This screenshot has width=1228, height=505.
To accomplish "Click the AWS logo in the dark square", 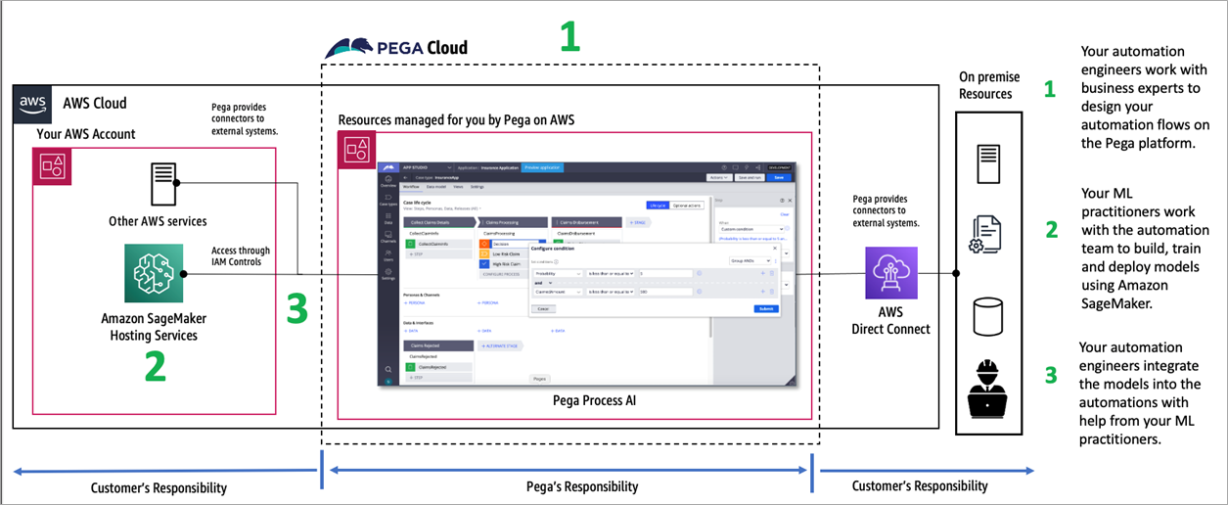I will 32,103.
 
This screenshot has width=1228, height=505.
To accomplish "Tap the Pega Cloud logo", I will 396,47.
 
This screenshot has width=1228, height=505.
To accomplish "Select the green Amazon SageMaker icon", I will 154,274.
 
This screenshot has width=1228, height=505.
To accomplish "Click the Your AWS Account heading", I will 85,134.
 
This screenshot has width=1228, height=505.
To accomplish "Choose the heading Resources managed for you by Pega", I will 456,120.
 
